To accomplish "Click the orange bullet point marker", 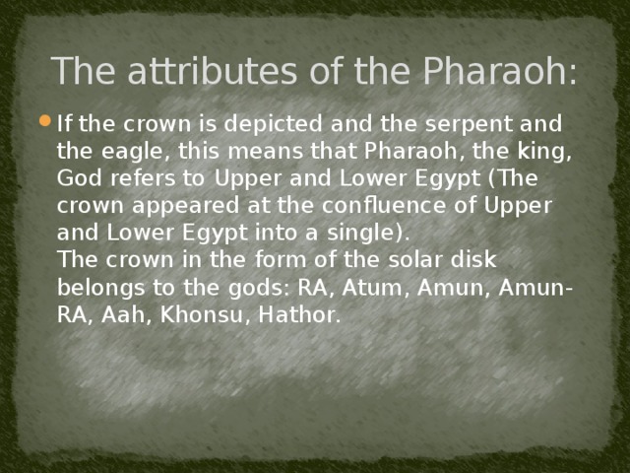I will pyautogui.click(x=45, y=125).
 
